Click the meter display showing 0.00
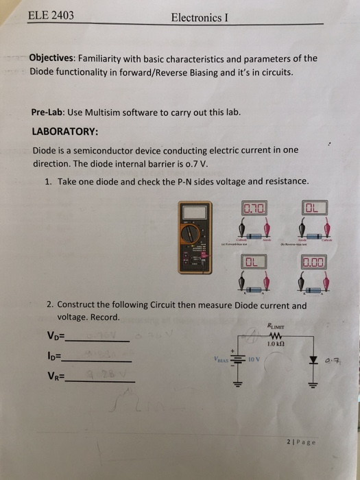(x=314, y=261)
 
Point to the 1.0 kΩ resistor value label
(x=278, y=344)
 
